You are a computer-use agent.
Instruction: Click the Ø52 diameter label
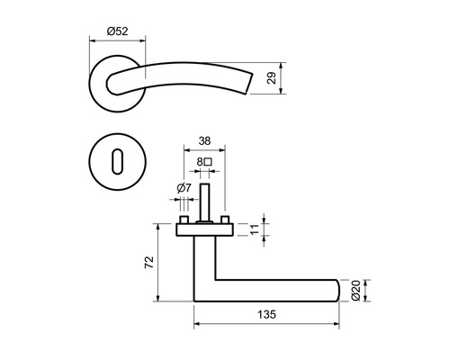coord(117,31)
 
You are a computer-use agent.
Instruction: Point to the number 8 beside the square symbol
coord(199,163)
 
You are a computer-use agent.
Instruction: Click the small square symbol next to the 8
coord(209,163)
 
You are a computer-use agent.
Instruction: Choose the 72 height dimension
coord(149,262)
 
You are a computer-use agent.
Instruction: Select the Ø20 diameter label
coord(356,290)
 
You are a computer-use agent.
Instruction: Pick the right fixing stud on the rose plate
coord(225,220)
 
